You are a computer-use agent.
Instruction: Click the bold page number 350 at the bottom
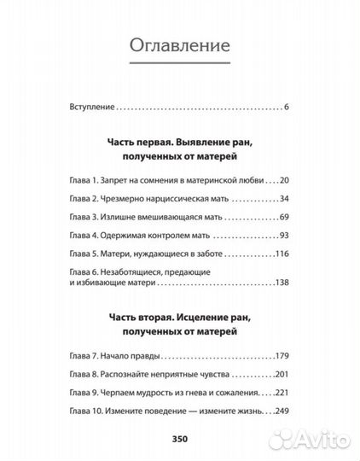(x=178, y=439)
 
